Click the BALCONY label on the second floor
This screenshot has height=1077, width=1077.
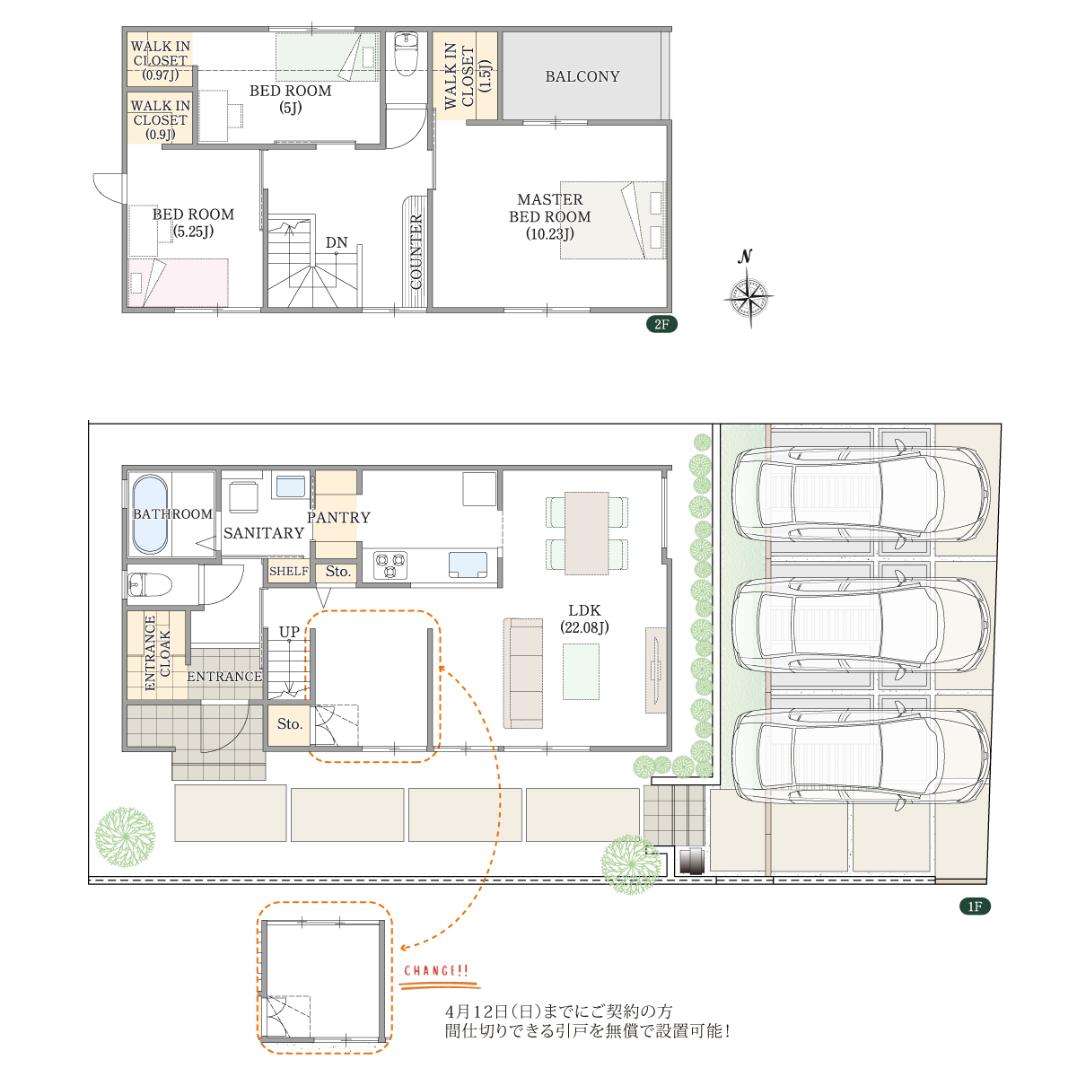pyautogui.click(x=582, y=76)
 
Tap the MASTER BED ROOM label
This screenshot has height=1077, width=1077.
pyautogui.click(x=549, y=216)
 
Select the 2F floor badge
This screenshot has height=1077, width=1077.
pyautogui.click(x=661, y=324)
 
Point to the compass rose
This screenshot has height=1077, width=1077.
pyautogui.click(x=749, y=296)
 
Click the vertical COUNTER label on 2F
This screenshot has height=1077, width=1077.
pyautogui.click(x=416, y=251)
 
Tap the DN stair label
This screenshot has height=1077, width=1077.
pyautogui.click(x=336, y=242)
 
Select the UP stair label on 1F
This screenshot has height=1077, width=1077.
pyautogui.click(x=289, y=632)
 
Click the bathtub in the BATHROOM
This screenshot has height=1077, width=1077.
pyautogui.click(x=150, y=513)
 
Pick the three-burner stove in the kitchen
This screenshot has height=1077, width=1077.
pyautogui.click(x=390, y=565)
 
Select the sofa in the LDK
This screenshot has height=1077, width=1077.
pyautogui.click(x=523, y=673)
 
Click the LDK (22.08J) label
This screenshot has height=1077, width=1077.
pyautogui.click(x=584, y=618)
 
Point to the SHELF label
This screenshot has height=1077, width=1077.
pyautogui.click(x=288, y=571)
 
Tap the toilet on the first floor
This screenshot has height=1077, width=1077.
pyautogui.click(x=149, y=585)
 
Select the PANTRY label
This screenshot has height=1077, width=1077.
pyautogui.click(x=338, y=518)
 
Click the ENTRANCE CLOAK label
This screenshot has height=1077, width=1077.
pyautogui.click(x=157, y=652)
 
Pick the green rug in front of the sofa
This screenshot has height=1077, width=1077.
pyautogui.click(x=581, y=671)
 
